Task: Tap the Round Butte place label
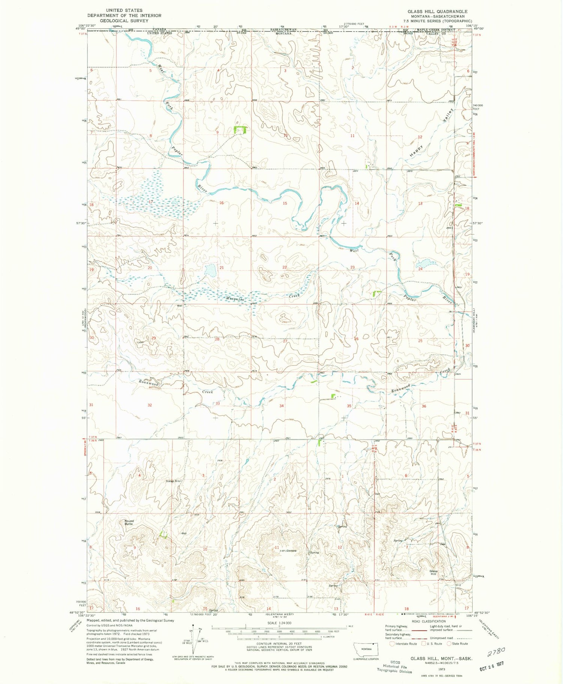129,522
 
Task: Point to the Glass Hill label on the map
434,572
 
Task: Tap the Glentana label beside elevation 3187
292,551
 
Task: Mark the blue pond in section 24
423,263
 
